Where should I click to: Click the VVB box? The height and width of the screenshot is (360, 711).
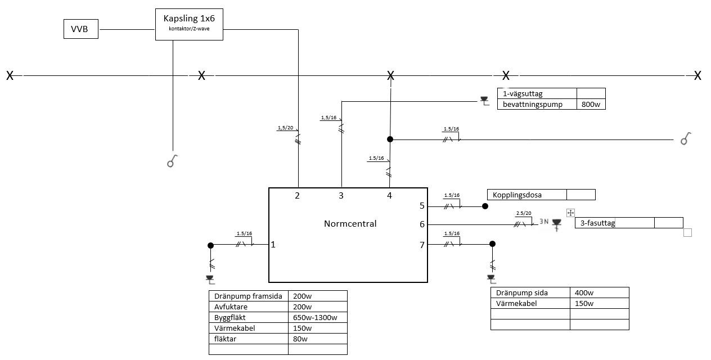pyautogui.click(x=81, y=29)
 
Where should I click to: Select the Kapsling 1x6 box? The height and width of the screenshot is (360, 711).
pyautogui.click(x=189, y=25)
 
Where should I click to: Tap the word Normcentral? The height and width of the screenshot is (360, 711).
pyautogui.click(x=350, y=223)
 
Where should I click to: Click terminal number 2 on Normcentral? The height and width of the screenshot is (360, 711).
pyautogui.click(x=298, y=196)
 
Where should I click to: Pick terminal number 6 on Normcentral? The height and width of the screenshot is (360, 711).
pyautogui.click(x=422, y=224)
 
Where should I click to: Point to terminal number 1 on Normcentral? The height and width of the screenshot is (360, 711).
pyautogui.click(x=273, y=245)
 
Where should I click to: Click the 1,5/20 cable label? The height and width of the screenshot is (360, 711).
pyautogui.click(x=286, y=128)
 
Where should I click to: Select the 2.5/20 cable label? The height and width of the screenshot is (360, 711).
pyautogui.click(x=524, y=214)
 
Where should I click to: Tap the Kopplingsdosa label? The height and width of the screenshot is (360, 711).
pyautogui.click(x=513, y=195)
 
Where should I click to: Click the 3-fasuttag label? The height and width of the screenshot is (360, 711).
pyautogui.click(x=597, y=223)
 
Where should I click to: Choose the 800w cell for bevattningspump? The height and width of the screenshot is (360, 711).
pyautogui.click(x=590, y=104)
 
